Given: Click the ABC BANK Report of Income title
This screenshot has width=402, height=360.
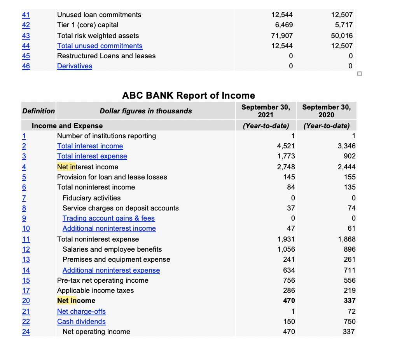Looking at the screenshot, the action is tap(189, 96).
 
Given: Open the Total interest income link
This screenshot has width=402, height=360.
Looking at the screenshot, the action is tap(90, 146).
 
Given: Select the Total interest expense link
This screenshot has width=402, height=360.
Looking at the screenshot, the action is tap(92, 156).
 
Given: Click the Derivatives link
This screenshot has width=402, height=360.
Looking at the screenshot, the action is tap(75, 66).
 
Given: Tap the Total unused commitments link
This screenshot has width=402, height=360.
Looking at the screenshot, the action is tap(100, 46).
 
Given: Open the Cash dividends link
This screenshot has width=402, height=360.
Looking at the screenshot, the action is tap(82, 322).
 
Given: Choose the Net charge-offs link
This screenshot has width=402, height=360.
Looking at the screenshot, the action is tap(82, 311).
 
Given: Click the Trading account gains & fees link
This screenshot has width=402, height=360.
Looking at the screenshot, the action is tap(109, 218).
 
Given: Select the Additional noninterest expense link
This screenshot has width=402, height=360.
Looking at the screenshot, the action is tap(111, 270).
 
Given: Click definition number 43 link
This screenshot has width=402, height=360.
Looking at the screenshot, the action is tap(26, 36).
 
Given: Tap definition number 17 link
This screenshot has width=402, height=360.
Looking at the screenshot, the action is tap(26, 290).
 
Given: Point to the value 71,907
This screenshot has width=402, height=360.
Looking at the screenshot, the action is tap(282, 36).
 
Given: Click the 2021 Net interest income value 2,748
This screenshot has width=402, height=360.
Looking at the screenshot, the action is tap(286, 167).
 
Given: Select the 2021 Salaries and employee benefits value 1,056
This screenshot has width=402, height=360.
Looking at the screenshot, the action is tap(286, 249).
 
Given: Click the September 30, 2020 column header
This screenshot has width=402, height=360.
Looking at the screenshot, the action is tap(326, 111).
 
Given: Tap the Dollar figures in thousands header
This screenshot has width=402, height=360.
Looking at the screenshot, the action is tap(146, 111).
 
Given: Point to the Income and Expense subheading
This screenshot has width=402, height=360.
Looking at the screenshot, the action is tap(67, 126).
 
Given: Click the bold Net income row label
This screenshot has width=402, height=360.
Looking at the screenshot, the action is tap(76, 301).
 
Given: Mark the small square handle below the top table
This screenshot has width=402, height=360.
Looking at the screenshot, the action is tap(360, 74).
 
